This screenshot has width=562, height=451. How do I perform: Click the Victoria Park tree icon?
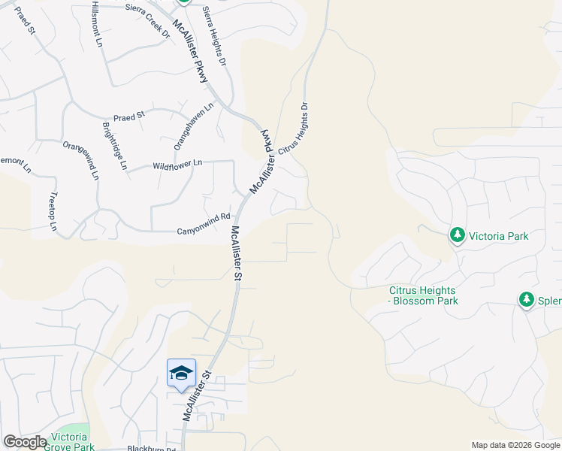click(457, 235)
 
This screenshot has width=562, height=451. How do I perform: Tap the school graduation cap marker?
click(181, 373)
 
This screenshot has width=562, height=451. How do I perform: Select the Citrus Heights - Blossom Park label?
click(423, 295)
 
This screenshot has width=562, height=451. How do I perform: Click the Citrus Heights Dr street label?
click(294, 130)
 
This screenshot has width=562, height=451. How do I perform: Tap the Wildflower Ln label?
click(177, 164)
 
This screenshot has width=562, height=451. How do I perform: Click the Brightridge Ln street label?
click(115, 146)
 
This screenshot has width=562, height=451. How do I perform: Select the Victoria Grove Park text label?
click(70, 442)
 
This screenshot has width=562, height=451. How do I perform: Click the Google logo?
click(24, 442)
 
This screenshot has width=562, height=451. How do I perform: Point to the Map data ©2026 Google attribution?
click(515, 445)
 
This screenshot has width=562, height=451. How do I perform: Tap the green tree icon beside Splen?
click(527, 301)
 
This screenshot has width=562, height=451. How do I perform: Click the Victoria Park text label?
click(498, 236)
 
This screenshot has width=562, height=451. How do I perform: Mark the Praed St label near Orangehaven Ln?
click(128, 118)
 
